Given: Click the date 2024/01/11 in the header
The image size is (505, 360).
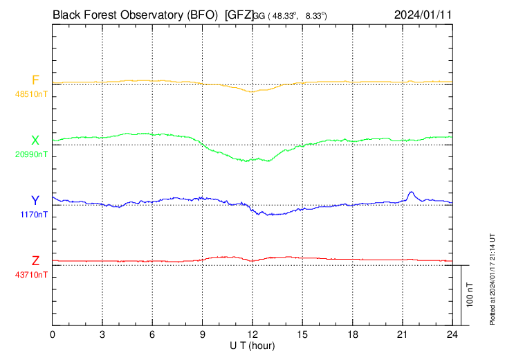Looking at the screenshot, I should tap(422, 14).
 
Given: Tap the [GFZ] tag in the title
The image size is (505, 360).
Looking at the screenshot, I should tap(239, 14).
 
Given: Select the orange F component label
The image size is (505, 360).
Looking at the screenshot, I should tap(35, 80).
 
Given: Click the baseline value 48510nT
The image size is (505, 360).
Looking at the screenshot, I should tap(32, 93).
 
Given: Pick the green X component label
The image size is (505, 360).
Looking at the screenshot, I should tap(35, 141).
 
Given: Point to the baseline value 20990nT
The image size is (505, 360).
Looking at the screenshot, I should tap(32, 154).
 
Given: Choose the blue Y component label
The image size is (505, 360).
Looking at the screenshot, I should tap(35, 201).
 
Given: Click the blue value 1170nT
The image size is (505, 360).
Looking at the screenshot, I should tap(34, 215).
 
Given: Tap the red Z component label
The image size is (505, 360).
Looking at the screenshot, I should tap(35, 261).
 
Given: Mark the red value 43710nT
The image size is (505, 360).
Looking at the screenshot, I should tap(32, 275).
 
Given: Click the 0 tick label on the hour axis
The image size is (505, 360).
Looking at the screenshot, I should tap(53, 334).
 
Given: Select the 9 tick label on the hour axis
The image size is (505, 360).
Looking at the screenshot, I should tap(203, 334).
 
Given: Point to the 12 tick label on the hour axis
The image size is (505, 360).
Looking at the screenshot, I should tap(252, 334).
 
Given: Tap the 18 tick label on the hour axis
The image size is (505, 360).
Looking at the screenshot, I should tap(352, 334).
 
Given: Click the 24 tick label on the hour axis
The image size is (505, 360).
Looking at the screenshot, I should tap(452, 334).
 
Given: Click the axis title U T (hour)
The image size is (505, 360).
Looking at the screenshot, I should tap(252, 345).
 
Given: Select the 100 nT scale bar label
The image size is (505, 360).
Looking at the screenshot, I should tap(470, 295).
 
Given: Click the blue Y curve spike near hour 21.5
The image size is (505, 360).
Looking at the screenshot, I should tap(412, 192).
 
